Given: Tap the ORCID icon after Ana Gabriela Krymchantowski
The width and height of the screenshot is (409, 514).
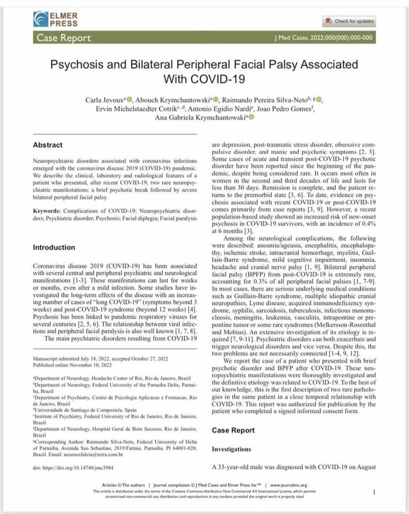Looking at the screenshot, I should click(251, 117).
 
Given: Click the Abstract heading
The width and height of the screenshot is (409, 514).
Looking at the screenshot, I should click(48, 145).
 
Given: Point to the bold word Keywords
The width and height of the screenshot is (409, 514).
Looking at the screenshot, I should click(47, 212).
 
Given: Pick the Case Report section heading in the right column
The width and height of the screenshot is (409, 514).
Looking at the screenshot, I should click(234, 430).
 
